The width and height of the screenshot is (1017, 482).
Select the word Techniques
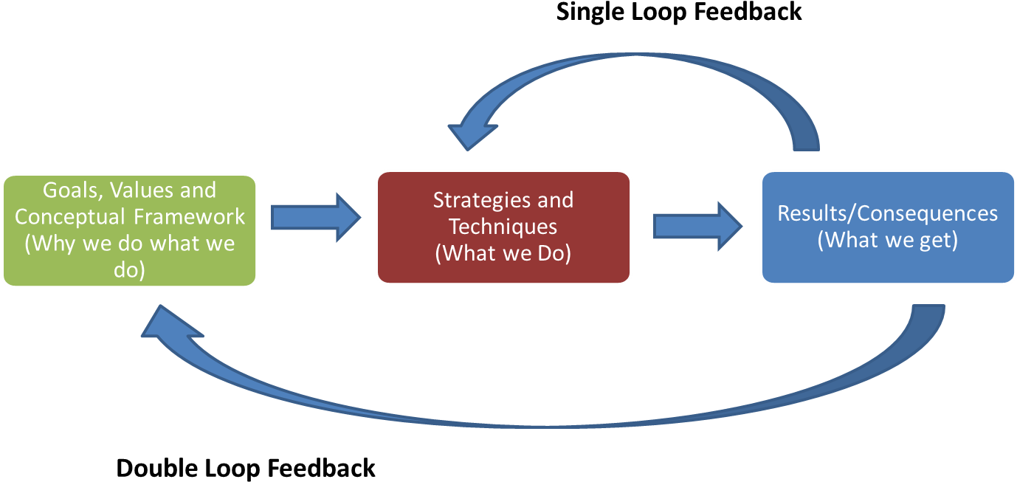tap(503, 226)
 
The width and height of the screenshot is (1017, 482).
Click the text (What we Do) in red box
tap(503, 252)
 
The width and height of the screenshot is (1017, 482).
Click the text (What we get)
tap(887, 240)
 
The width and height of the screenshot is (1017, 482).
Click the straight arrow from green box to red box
tap(315, 217)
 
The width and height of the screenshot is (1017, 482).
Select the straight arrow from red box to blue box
tap(697, 226)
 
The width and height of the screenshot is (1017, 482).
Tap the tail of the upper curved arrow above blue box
tap(804, 140)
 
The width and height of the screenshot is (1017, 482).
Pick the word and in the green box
tap(196, 190)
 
